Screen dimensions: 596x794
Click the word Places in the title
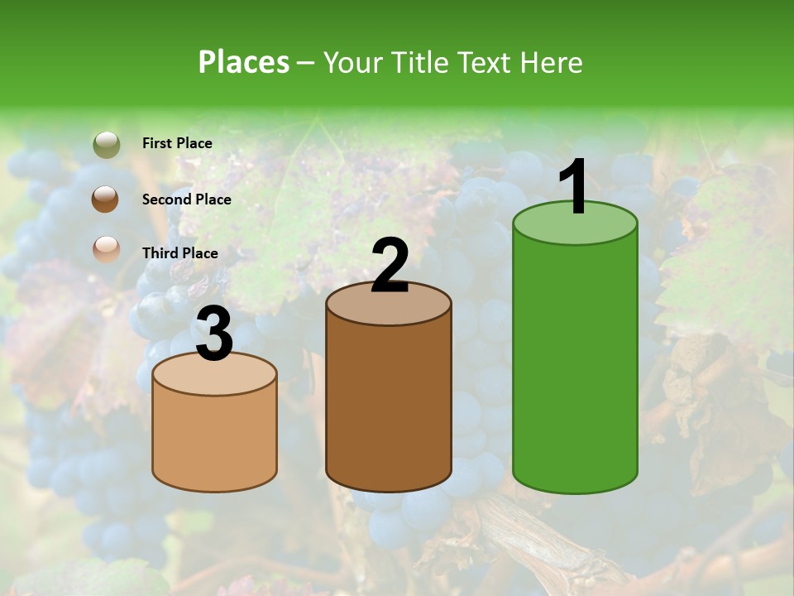(244, 62)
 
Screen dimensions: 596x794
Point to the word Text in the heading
(487, 62)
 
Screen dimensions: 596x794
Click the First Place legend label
(177, 143)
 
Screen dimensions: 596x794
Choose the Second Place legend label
(186, 199)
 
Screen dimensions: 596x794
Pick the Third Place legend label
(179, 253)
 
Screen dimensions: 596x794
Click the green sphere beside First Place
(107, 145)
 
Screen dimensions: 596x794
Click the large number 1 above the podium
(574, 188)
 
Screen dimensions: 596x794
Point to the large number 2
(390, 266)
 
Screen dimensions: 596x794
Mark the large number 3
(214, 334)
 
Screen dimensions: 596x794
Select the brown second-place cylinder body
(389, 406)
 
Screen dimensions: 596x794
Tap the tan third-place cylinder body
(214, 439)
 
